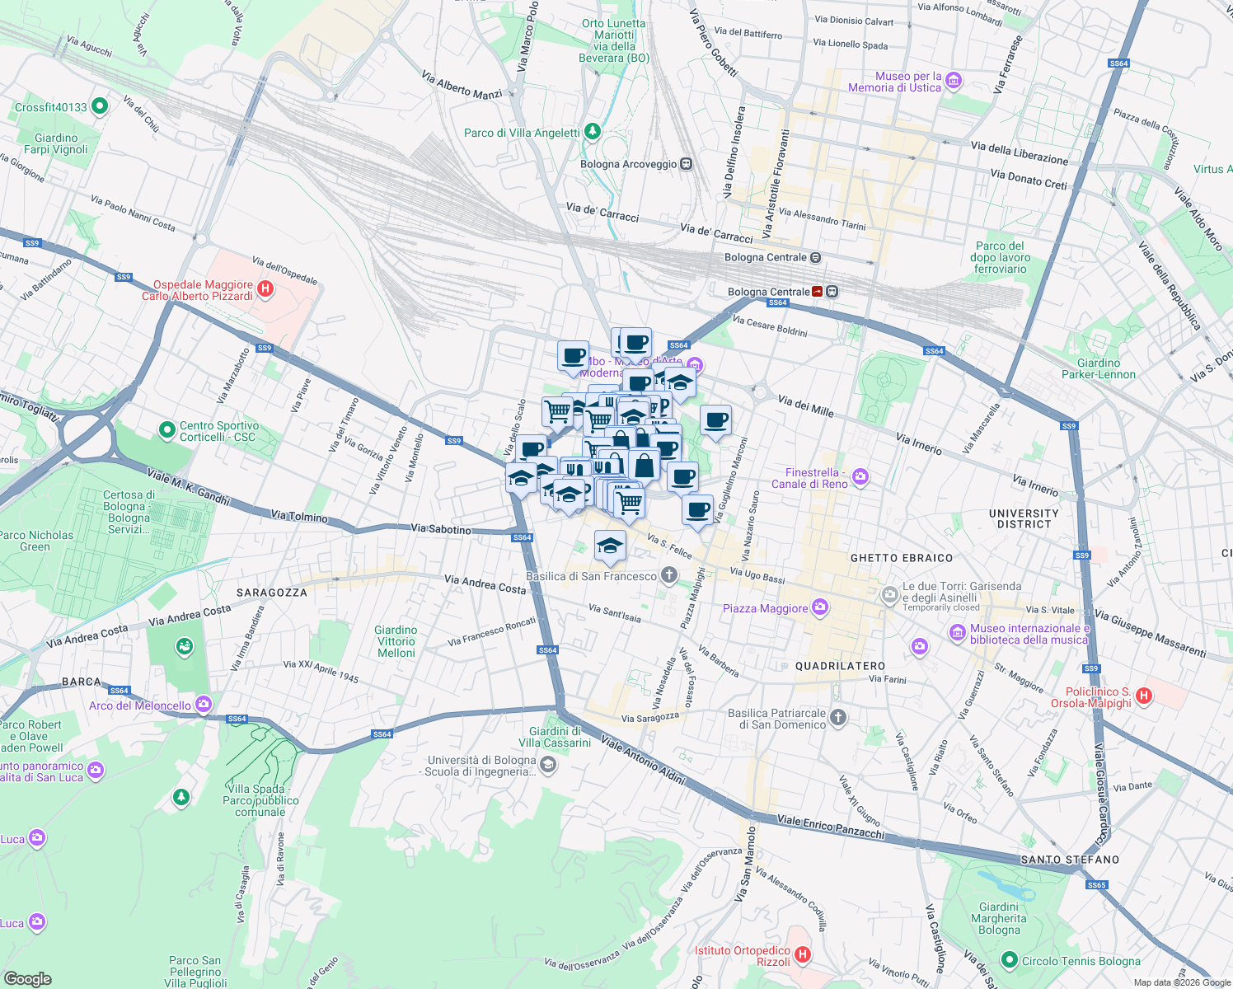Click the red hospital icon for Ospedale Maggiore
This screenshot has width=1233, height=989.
[265, 289]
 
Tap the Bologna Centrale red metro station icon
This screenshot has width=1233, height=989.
[818, 292]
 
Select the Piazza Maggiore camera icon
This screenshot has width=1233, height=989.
[819, 608]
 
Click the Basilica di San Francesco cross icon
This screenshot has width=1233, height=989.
[669, 576]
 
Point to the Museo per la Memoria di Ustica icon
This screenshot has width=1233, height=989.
[954, 81]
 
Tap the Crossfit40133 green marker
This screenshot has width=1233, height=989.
[100, 106]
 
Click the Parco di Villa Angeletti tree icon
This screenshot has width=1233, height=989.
[592, 132]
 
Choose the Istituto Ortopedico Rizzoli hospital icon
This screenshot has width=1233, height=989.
[802, 955]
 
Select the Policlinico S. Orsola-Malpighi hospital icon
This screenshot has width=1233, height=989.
[1143, 696]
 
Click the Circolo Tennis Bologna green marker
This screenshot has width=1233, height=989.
[1010, 960]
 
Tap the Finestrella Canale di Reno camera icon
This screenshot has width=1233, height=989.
[860, 477]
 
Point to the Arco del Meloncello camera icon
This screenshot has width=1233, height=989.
[204, 705]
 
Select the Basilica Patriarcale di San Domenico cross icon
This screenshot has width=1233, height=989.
[837, 718]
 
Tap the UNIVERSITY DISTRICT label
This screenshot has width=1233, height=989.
[1024, 518]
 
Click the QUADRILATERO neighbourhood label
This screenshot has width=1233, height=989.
[840, 666]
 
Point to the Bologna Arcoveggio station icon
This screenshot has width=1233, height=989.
[686, 164]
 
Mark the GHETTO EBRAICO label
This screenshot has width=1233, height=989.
[901, 558]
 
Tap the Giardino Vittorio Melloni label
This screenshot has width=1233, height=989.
[396, 641]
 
